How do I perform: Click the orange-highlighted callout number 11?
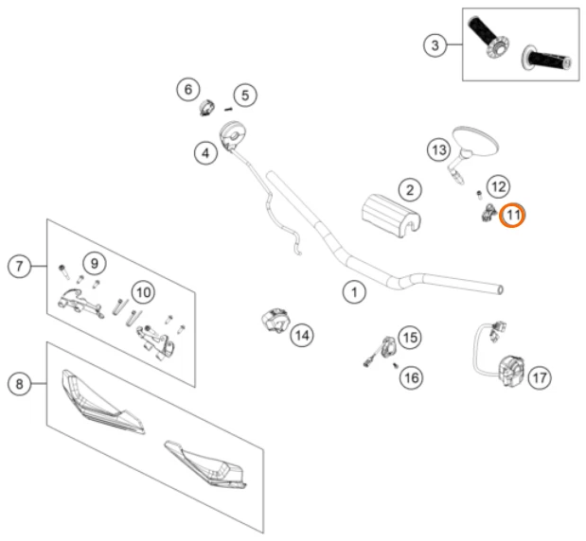coord(512,215)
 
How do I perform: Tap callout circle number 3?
coord(435,45)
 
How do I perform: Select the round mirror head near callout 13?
coord(475,141)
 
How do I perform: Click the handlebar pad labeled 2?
coord(391,216)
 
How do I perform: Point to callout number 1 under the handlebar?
coord(354,292)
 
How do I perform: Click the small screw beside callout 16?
coord(396,366)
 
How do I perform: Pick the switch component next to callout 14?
coord(275,321)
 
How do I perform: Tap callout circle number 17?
coord(540,378)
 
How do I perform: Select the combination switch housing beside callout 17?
coord(511,372)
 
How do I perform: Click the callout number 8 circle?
coord(20,384)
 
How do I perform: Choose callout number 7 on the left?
coord(20,266)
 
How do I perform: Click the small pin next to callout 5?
coord(228,109)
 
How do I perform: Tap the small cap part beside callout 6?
coord(206,108)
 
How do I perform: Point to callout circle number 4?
coord(206,153)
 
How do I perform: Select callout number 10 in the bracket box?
coord(144,292)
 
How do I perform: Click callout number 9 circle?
coord(95,264)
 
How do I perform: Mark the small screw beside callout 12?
coord(479,195)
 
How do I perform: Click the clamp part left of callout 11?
coord(489,212)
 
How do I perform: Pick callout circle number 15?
coord(410,338)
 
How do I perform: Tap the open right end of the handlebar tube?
coord(501,290)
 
